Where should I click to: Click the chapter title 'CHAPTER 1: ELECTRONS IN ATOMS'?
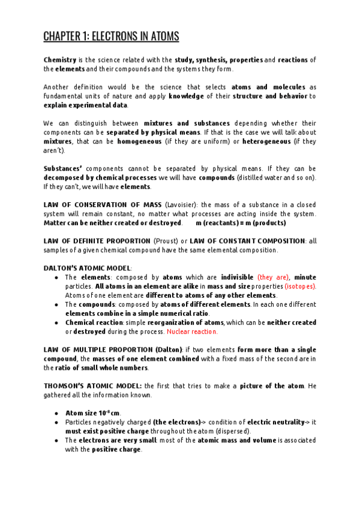pos(111,37)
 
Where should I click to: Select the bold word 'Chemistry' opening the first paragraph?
pos(60,60)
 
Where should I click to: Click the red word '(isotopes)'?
pos(300,286)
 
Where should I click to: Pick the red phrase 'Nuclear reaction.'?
pos(192,331)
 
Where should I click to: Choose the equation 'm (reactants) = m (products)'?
pos(232,223)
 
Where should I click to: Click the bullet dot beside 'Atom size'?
pos(56,413)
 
